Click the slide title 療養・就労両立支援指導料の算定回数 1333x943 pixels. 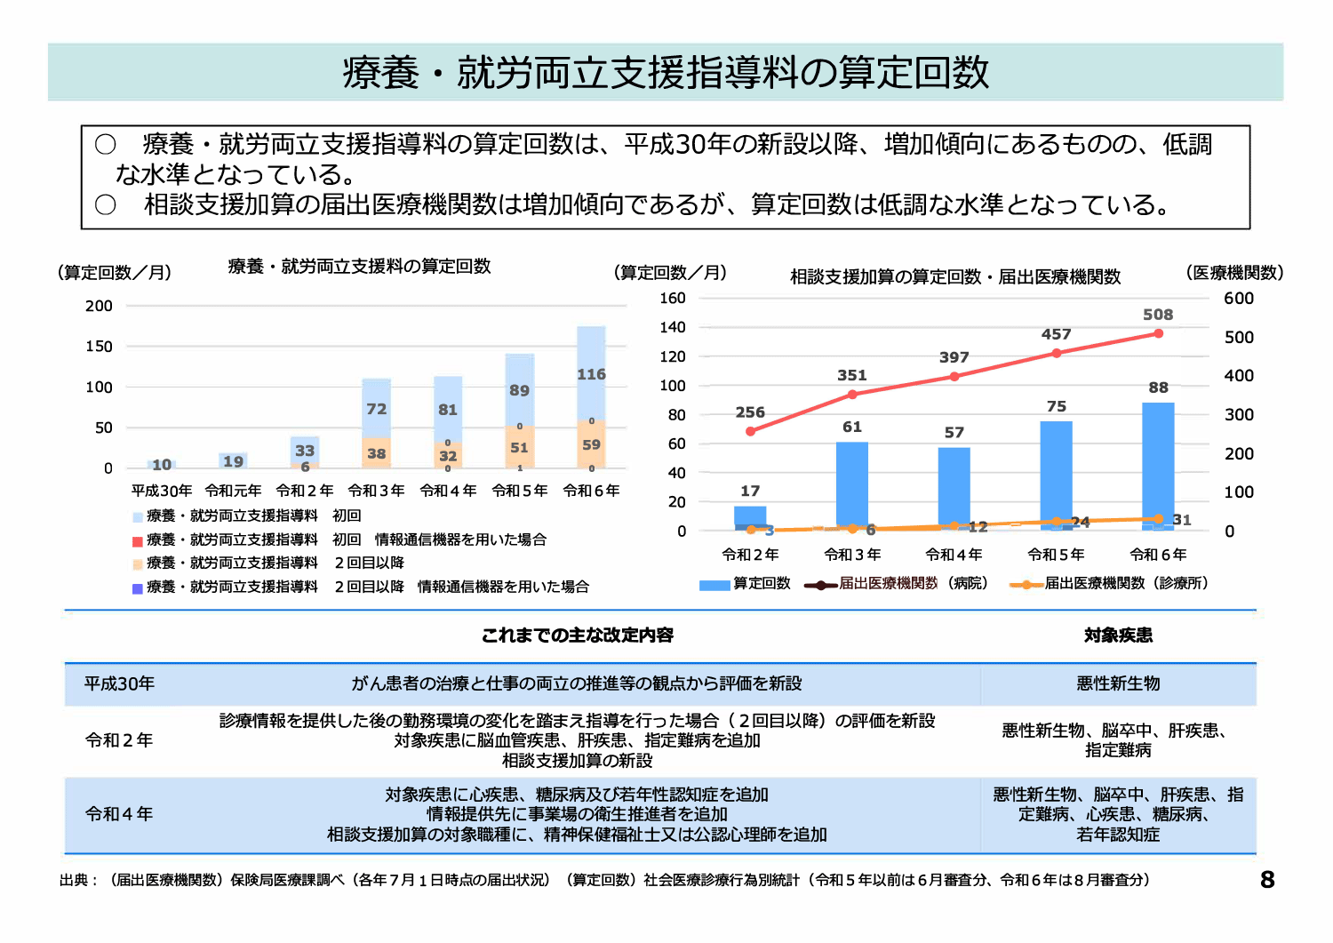click(666, 73)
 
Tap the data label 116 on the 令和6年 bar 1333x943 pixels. click(591, 374)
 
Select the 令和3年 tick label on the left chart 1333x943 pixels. click(376, 491)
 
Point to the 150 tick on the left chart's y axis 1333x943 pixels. click(99, 347)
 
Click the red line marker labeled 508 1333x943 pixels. click(1158, 333)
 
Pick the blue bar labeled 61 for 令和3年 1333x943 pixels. click(852, 484)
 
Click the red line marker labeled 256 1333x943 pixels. click(751, 431)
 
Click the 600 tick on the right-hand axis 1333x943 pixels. click(1239, 299)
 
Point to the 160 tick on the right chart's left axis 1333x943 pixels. click(673, 299)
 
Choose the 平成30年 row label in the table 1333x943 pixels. click(119, 683)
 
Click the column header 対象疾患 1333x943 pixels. click(1118, 635)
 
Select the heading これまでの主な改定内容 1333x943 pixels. click(578, 635)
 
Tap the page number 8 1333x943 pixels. click(1267, 880)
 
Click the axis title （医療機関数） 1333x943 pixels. click(1234, 273)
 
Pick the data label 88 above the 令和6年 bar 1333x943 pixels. click(1158, 388)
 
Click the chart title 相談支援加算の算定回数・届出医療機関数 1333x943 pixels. click(955, 277)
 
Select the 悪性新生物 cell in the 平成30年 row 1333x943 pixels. click(1118, 683)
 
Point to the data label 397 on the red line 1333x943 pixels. click(954, 357)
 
